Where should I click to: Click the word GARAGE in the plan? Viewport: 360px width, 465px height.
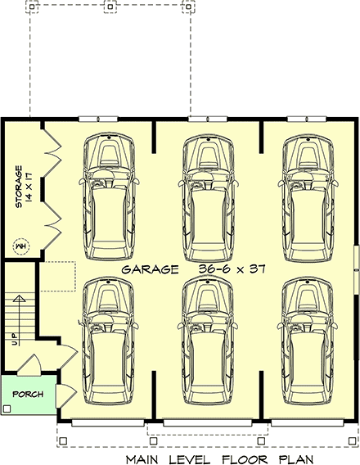(150, 269)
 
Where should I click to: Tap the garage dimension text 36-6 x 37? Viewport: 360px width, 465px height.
(232, 269)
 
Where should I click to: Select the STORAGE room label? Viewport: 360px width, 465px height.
(19, 187)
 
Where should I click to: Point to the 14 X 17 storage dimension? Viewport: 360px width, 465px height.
(29, 187)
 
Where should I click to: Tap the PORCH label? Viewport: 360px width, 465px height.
(28, 394)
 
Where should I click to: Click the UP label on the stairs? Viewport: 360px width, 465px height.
(14, 339)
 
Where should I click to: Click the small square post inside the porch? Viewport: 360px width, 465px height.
(7, 409)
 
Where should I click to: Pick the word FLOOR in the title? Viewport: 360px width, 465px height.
(245, 459)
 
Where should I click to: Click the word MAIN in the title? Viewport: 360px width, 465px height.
(142, 459)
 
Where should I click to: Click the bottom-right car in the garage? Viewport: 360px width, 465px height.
(308, 341)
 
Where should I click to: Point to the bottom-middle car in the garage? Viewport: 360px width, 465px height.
(208, 341)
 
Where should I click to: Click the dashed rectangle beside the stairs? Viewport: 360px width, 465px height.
(57, 277)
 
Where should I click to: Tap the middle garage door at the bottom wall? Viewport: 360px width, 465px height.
(208, 423)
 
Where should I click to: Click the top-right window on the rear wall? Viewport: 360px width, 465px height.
(307, 120)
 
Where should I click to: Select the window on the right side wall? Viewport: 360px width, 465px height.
(357, 270)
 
